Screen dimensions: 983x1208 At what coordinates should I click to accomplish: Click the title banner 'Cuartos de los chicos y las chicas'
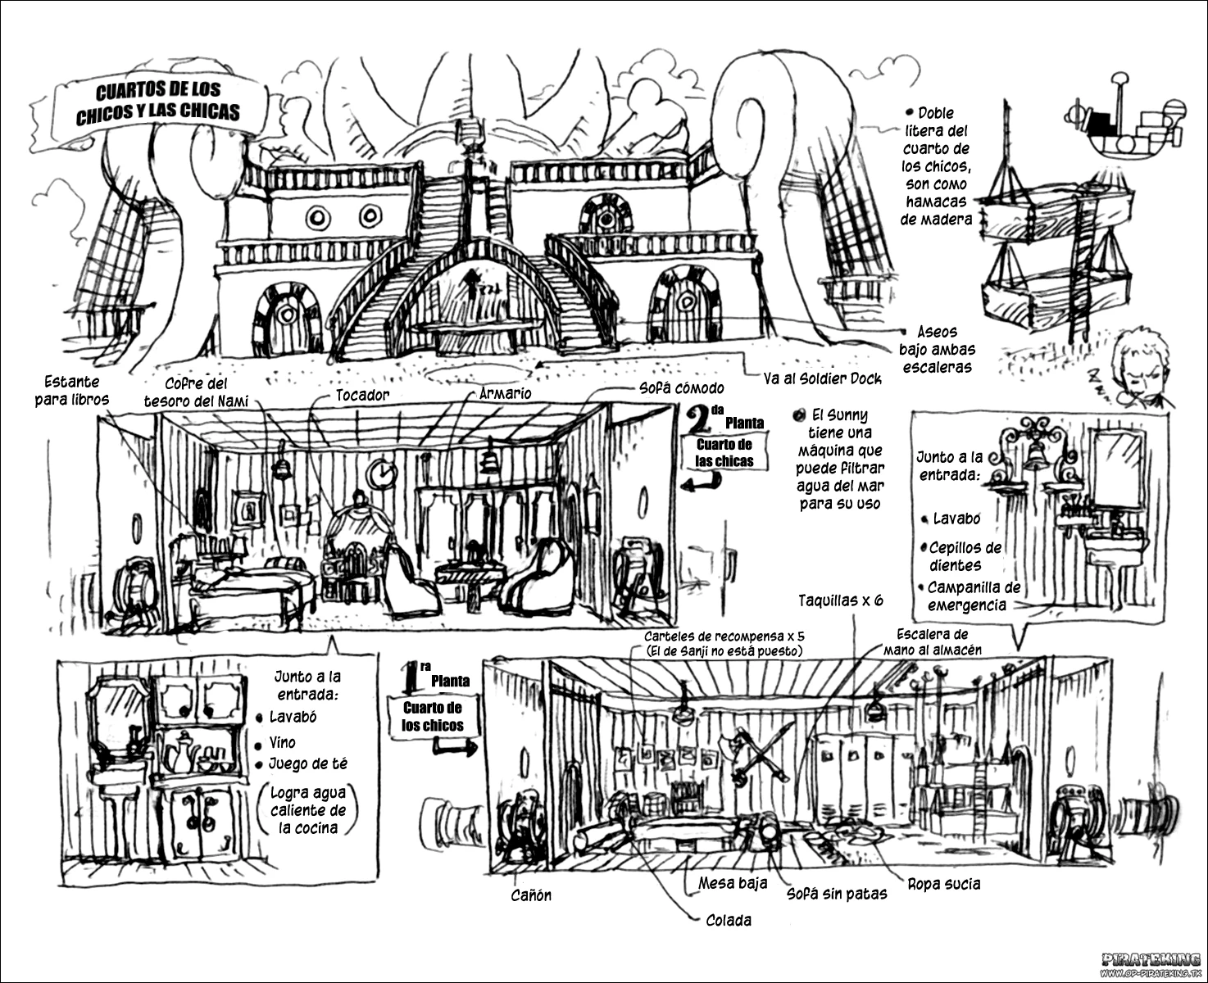(158, 103)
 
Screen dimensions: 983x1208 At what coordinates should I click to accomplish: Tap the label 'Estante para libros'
(71, 391)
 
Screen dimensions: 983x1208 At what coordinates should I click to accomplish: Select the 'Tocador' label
(362, 395)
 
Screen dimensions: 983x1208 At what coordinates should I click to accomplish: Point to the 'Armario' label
(505, 393)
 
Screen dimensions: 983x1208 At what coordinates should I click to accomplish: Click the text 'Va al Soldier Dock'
(822, 378)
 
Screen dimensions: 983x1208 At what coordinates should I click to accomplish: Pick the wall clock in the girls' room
(381, 472)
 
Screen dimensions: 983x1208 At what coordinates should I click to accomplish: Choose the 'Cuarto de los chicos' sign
(432, 716)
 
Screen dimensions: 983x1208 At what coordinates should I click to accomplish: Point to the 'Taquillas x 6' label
(841, 600)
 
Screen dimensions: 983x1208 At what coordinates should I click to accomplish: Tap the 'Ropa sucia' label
(943, 884)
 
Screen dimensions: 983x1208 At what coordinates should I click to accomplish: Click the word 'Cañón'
(531, 895)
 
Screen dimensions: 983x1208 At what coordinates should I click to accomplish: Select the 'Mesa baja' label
(733, 883)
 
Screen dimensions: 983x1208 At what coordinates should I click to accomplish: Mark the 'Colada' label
(729, 920)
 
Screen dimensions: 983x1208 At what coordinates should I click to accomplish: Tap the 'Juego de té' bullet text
(308, 763)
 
